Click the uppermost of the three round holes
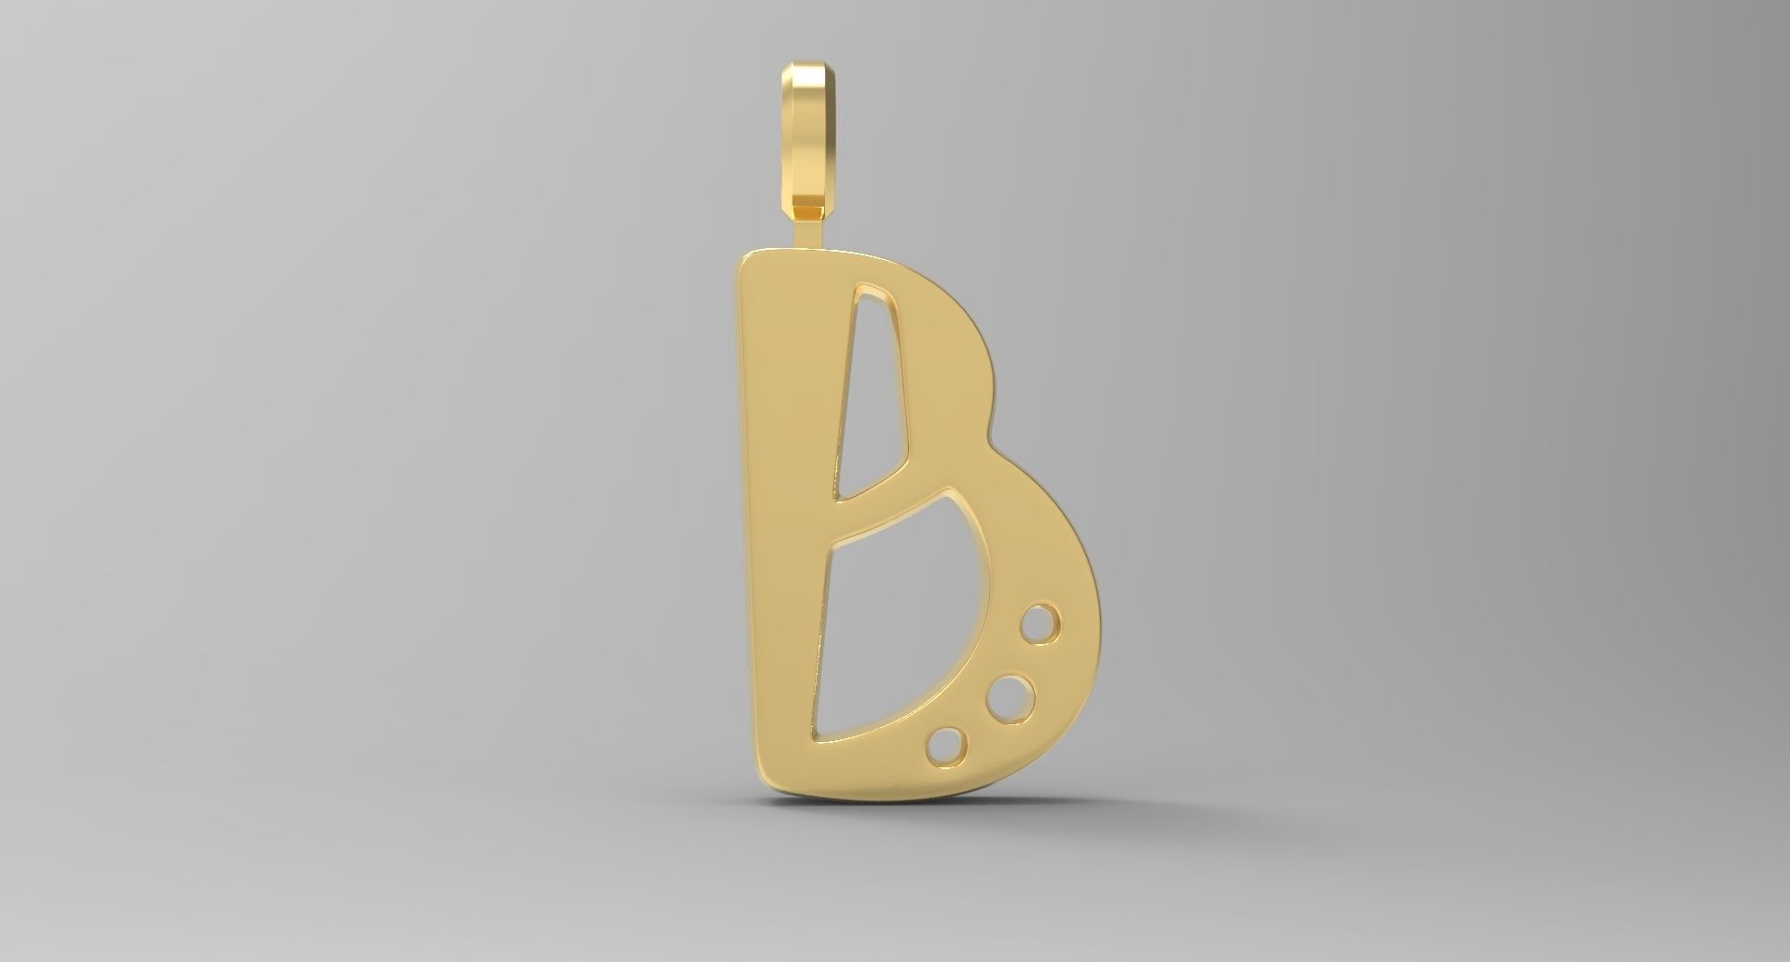click(1040, 624)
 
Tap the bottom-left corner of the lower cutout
click(818, 740)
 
